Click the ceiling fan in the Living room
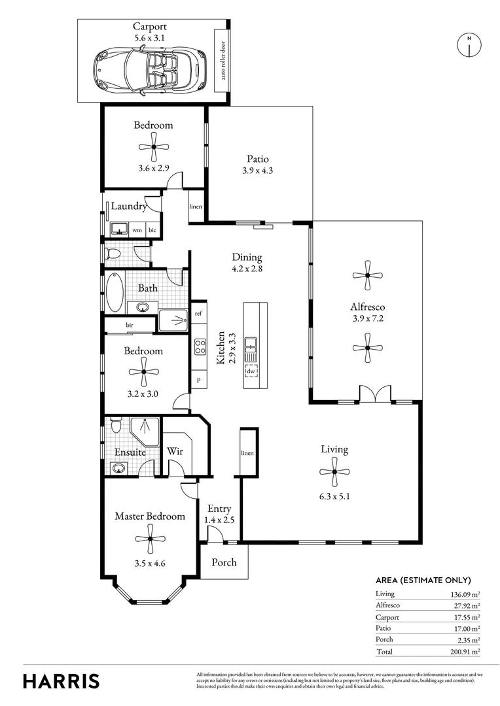[x=334, y=471]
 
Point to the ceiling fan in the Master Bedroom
[x=150, y=539]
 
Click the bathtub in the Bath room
[x=115, y=292]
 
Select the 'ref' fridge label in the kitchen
[x=198, y=314]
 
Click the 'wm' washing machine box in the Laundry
[x=137, y=230]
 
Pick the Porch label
[x=224, y=563]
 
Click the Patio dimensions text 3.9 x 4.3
[x=257, y=171]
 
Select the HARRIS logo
[x=62, y=681]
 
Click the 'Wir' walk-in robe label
[x=174, y=451]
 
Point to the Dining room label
[x=247, y=257]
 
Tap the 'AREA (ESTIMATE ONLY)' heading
[x=423, y=580]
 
